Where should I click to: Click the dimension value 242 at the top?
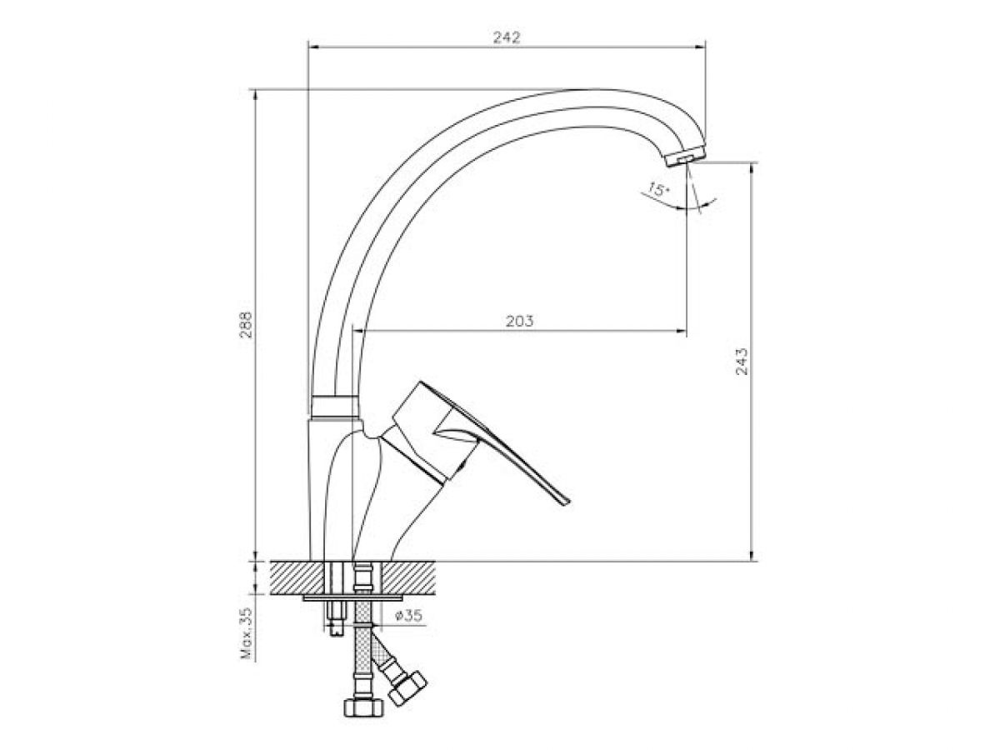tap(506, 37)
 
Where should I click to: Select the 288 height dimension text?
tap(246, 324)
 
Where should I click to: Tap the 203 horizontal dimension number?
tap(519, 321)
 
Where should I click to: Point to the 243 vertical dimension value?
tap(742, 362)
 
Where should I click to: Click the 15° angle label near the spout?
tap(657, 188)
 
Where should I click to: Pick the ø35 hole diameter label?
tap(408, 616)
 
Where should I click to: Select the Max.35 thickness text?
tap(247, 633)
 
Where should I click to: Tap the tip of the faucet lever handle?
tap(567, 502)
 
